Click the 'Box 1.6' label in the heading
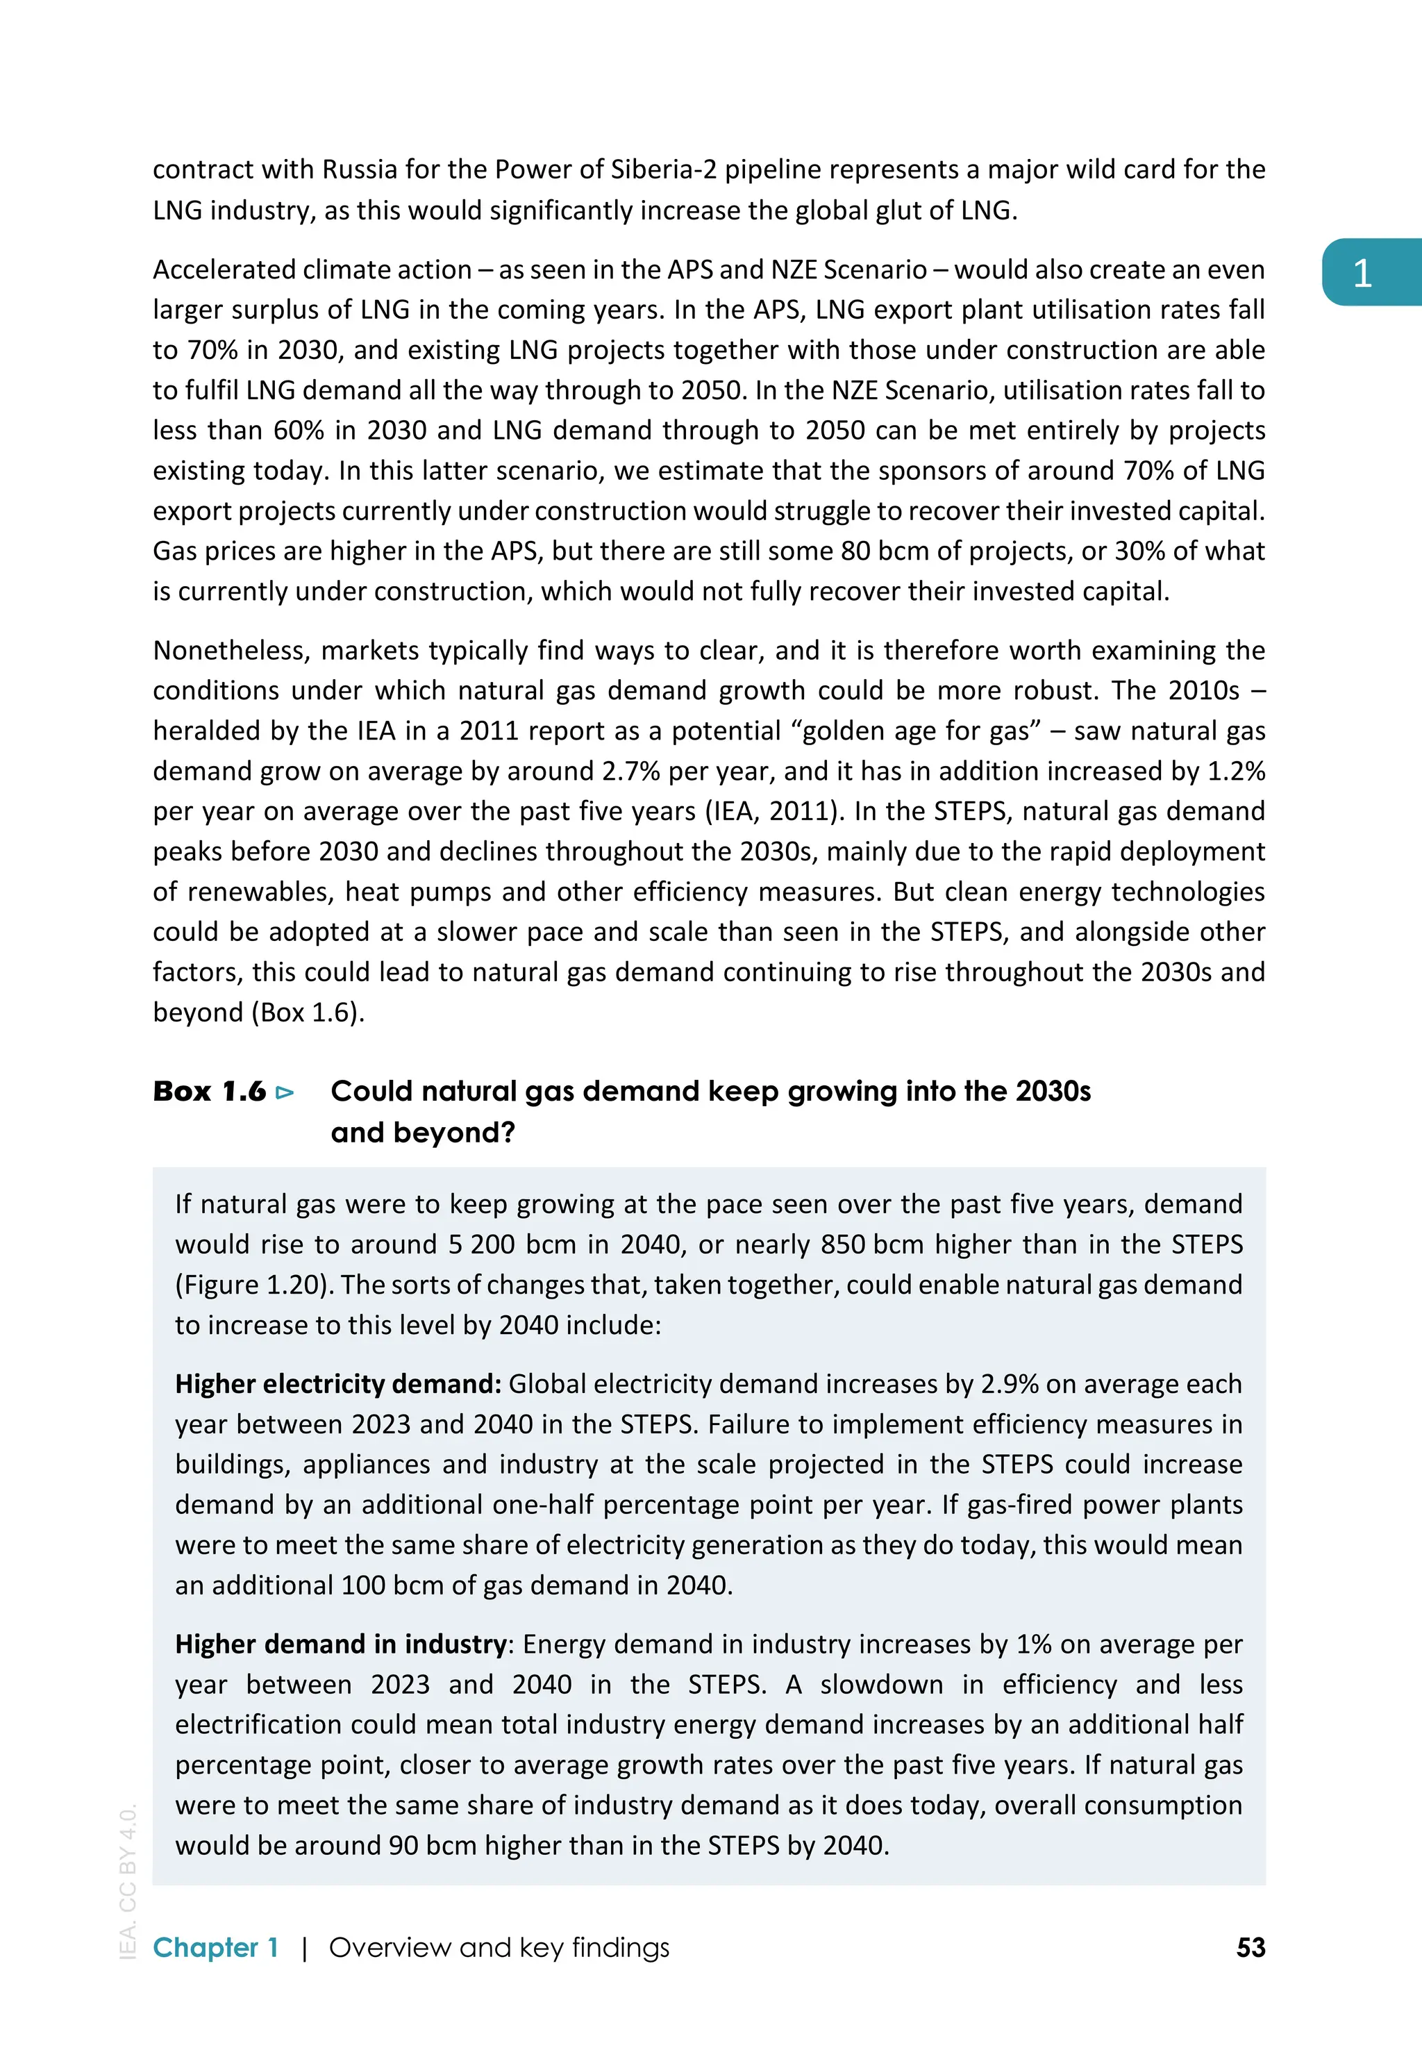pos(210,1092)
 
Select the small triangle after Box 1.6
pos(285,1092)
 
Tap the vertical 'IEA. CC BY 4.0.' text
pos(128,1881)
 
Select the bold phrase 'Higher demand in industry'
pos(341,1644)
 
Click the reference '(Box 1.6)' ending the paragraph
pos(308,1013)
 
